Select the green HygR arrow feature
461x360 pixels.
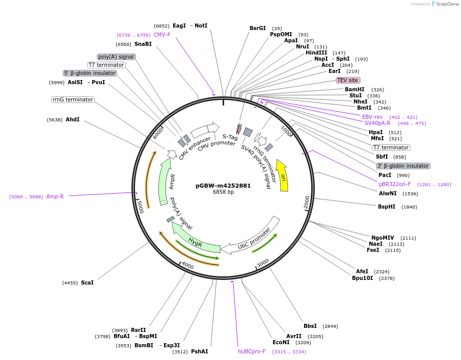(195, 240)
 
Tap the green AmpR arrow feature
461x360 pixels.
(164, 182)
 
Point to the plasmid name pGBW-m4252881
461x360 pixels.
(223, 186)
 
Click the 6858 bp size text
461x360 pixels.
(223, 192)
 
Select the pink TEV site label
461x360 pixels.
(348, 80)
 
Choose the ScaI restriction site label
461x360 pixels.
(87, 282)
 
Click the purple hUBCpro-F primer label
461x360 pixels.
(252, 351)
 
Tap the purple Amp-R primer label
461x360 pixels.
(55, 196)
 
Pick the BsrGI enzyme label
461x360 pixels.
(258, 28)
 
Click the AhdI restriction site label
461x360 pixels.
(73, 119)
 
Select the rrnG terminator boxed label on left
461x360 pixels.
(73, 99)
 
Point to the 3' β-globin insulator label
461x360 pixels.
(403, 166)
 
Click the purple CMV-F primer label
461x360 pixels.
(162, 35)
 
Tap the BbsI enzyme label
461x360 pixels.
(310, 326)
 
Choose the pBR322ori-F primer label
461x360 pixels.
(395, 184)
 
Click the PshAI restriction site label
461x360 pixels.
(199, 351)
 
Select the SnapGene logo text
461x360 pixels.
(447, 4)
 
